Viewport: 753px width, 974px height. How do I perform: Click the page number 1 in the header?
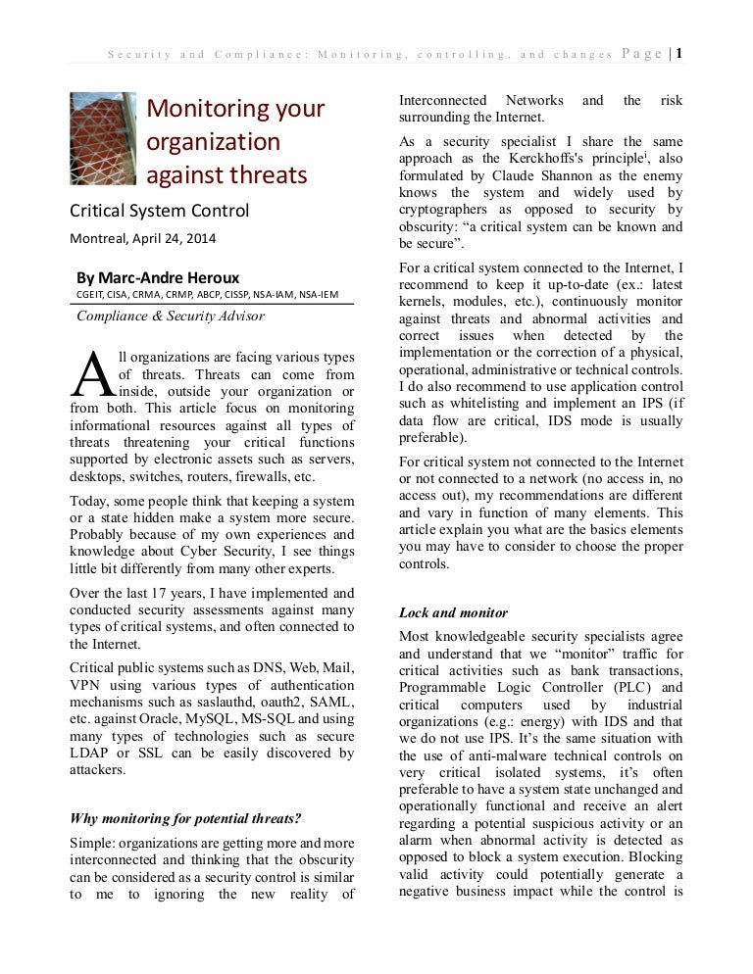pyautogui.click(x=677, y=54)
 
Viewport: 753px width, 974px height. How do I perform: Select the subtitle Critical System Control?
pyautogui.click(x=158, y=212)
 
